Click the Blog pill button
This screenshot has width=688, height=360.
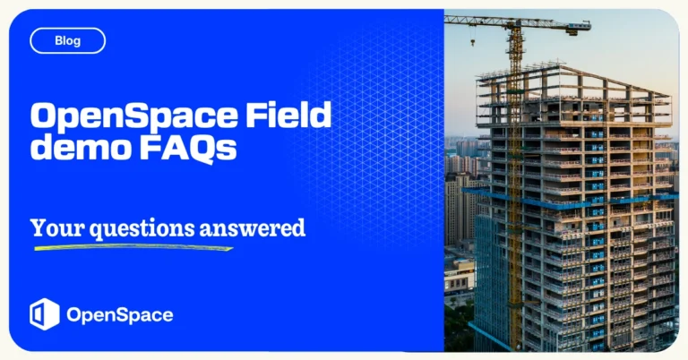coord(67,40)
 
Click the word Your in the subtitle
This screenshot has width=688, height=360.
coord(50,227)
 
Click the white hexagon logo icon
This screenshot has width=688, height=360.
coord(44,314)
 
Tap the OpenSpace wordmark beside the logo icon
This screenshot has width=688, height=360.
coord(119,315)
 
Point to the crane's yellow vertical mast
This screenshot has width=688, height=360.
coord(514,179)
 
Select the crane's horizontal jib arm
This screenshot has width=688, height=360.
coord(502,20)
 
